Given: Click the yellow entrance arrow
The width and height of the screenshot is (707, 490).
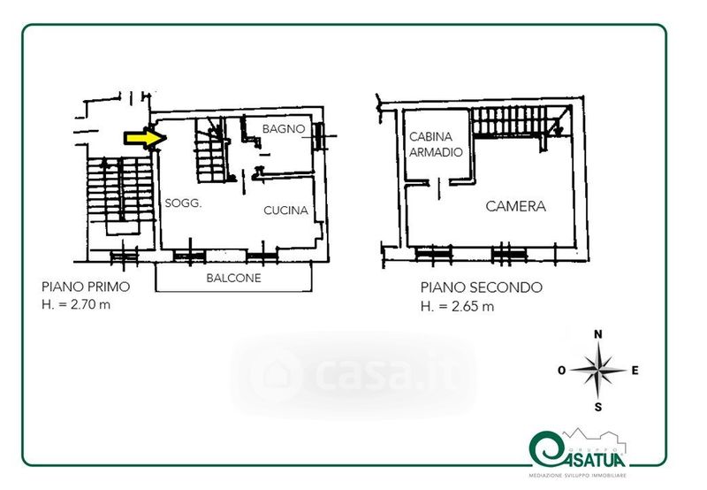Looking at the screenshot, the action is [145, 138].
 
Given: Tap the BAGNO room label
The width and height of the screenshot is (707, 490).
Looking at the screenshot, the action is [284, 129].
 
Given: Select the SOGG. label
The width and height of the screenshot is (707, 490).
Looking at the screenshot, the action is [183, 203].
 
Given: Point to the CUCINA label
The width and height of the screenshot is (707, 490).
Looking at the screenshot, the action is [285, 211].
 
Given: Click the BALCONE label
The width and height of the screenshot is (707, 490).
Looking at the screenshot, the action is [233, 278].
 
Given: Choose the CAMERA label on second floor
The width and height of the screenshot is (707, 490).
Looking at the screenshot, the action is [516, 206].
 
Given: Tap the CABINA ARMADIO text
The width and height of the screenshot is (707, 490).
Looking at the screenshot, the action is [436, 144].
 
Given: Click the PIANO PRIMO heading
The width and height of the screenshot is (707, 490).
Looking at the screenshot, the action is [86, 287].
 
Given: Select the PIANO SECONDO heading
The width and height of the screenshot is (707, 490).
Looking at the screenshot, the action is [482, 287].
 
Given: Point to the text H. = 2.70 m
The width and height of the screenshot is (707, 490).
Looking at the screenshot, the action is [76, 304].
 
